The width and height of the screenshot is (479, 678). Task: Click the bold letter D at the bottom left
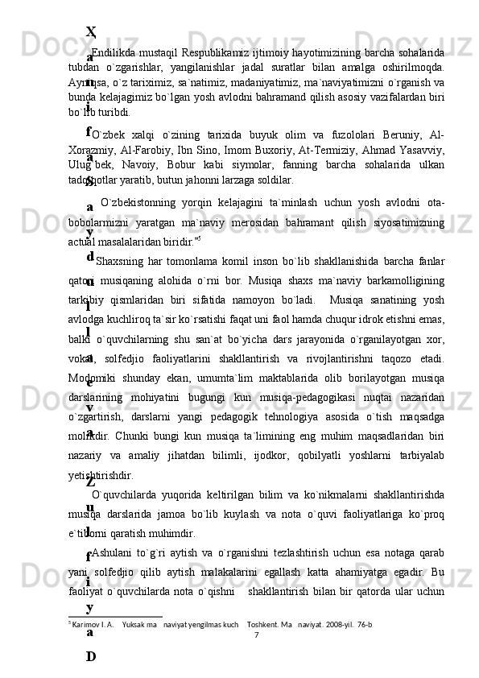[x=91, y=656]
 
